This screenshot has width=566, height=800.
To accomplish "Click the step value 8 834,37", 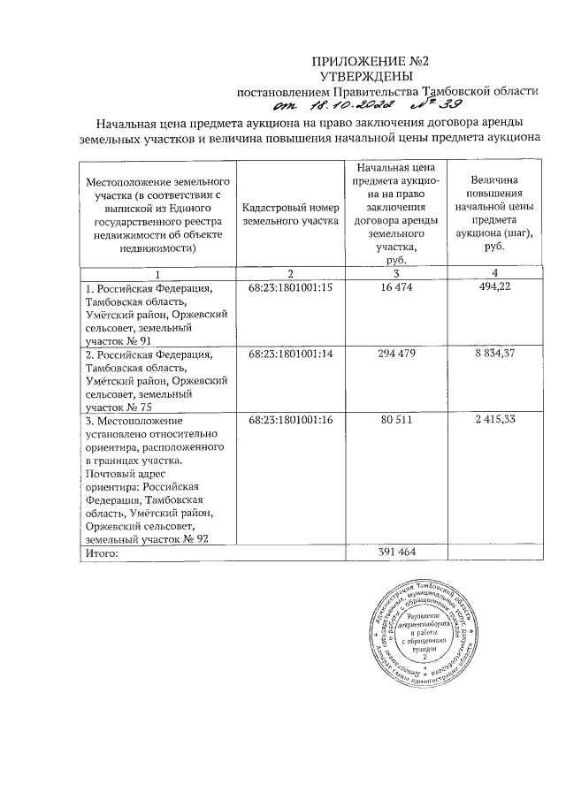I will click(494, 354).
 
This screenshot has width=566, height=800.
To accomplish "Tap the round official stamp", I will click(423, 633).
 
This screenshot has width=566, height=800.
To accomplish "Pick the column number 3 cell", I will click(396, 272).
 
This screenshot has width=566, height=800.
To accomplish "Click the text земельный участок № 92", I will click(147, 538).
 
